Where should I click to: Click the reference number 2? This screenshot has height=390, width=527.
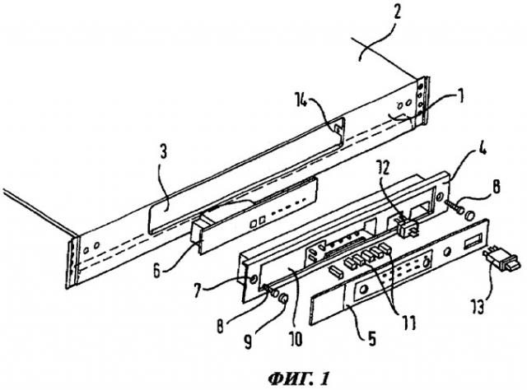(397, 13)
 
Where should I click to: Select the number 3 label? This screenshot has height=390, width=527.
(163, 152)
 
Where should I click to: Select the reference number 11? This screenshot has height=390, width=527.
(409, 323)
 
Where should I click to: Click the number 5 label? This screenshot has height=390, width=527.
(371, 338)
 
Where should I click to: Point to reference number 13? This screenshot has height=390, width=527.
(478, 306)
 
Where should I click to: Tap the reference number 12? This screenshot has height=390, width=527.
(385, 168)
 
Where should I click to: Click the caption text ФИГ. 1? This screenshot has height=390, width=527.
(298, 379)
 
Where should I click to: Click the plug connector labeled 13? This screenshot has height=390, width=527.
(501, 261)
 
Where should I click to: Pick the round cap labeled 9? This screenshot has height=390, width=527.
(283, 298)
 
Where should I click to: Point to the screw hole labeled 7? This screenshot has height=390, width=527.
(253, 279)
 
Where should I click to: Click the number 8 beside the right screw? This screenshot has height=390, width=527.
(496, 187)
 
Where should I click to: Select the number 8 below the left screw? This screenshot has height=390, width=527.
(221, 324)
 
